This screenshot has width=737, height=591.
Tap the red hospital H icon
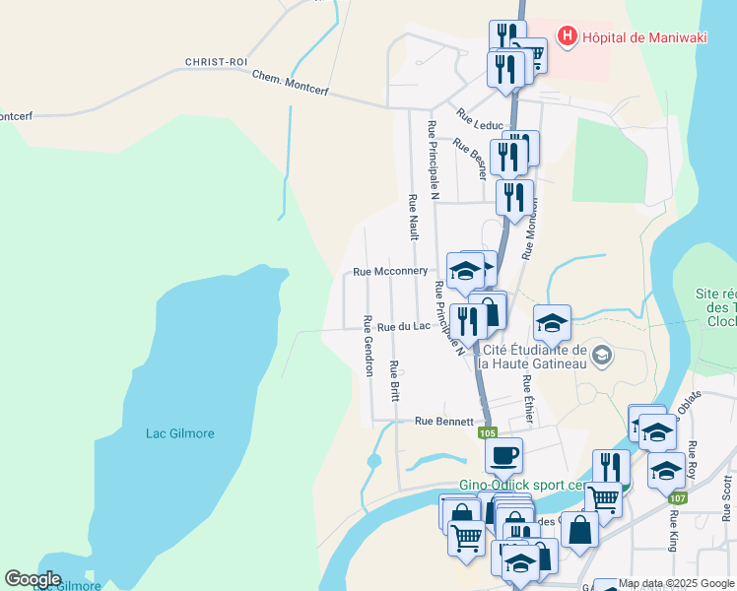[x=567, y=37]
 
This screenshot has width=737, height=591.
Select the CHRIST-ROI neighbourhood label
[x=216, y=61]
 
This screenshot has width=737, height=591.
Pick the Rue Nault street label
[x=413, y=216]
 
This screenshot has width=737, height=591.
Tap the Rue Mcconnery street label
[x=390, y=272]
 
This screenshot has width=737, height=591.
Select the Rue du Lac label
[x=404, y=326]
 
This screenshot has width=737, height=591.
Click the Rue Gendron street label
[x=368, y=346]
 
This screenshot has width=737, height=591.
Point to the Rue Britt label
[x=394, y=381]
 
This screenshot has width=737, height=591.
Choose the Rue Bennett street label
[x=444, y=421]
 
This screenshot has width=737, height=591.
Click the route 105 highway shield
[x=487, y=432]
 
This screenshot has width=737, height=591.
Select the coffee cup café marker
[x=503, y=455]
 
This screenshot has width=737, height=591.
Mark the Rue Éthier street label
[x=528, y=399]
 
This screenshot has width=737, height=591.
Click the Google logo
[x=33, y=579]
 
